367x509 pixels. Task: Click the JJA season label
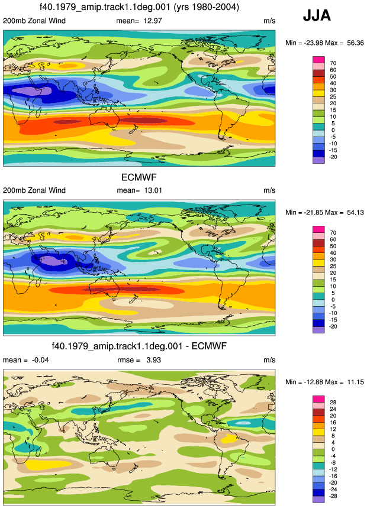(x=317, y=15)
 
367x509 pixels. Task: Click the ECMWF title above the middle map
(x=139, y=177)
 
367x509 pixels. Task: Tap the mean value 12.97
(x=153, y=21)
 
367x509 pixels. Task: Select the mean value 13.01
(x=153, y=190)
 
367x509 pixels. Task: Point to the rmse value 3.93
(x=153, y=360)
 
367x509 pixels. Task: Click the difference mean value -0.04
(x=40, y=360)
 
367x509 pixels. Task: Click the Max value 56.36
(x=355, y=43)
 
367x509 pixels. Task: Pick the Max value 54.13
(x=355, y=212)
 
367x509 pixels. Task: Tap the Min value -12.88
(x=309, y=382)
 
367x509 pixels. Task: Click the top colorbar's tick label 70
(x=333, y=63)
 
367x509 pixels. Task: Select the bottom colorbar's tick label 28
(x=333, y=402)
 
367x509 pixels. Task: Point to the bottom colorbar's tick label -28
(x=333, y=496)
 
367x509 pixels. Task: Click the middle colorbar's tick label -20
(x=333, y=326)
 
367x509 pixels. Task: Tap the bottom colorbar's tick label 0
(x=333, y=449)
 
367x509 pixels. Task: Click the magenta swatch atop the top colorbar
(x=318, y=60)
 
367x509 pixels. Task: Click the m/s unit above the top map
(x=269, y=21)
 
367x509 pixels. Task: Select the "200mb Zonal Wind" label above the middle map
(x=34, y=190)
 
